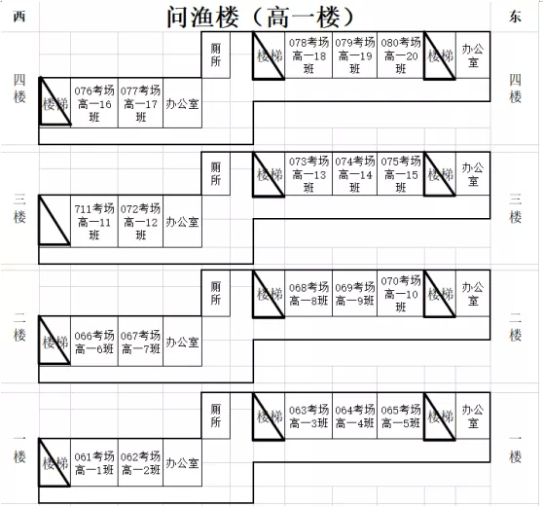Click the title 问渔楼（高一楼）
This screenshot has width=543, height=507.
[x=261, y=18]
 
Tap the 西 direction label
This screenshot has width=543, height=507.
[x=19, y=17]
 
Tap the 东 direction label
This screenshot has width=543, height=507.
[x=515, y=17]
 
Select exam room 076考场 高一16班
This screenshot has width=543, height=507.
[x=94, y=103]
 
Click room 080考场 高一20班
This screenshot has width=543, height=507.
[x=400, y=55]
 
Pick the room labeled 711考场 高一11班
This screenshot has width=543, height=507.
[x=94, y=221]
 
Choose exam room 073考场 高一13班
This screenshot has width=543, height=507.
[x=308, y=174]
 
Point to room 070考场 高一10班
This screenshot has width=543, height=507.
[x=400, y=293]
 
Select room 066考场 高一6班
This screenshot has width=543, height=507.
[x=94, y=342]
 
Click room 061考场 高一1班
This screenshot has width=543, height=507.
[x=94, y=462]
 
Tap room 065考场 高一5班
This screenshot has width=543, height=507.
[x=400, y=416]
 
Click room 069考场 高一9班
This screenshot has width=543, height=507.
[x=354, y=293]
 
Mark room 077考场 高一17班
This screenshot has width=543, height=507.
[x=140, y=103]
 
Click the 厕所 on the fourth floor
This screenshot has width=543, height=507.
[x=215, y=54]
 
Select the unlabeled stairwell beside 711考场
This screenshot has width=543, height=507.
[x=54, y=220]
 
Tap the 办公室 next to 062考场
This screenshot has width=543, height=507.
[x=182, y=462]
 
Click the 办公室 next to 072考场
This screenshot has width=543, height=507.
[x=182, y=221]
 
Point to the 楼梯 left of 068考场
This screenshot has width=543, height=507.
[x=269, y=294]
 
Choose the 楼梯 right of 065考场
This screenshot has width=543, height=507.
[x=440, y=416]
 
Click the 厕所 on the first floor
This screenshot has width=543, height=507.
[x=215, y=416]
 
